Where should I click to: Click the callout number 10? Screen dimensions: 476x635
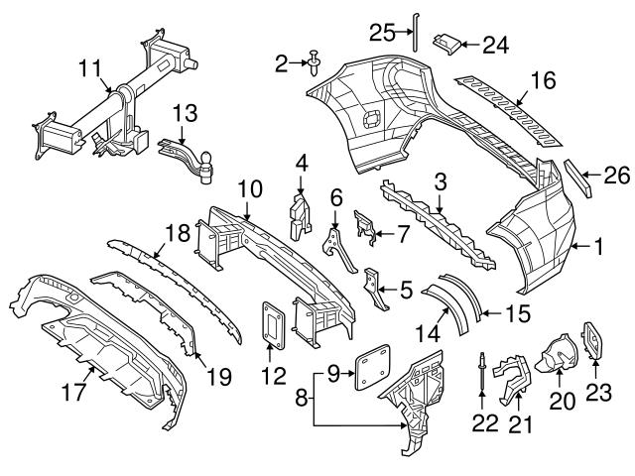248,186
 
